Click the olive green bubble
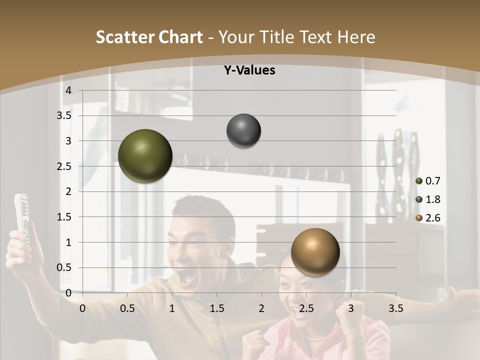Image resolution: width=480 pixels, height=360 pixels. tap(145, 156)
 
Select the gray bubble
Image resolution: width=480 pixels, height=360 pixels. tap(243, 131)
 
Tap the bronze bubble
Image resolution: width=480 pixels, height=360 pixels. tap(315, 252)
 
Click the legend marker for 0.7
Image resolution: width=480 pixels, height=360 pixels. tap(419, 181)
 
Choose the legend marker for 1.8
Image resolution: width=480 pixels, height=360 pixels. tap(419, 199)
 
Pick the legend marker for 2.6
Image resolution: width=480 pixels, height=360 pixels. tap(419, 218)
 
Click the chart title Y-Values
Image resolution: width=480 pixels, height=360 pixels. tap(249, 70)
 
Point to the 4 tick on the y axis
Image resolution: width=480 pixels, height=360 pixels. tap(69, 90)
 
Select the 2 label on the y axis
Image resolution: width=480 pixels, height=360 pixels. tap(69, 191)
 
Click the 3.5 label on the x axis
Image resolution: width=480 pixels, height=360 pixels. tap(395, 308)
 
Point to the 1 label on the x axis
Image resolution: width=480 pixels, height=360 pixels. tap(172, 308)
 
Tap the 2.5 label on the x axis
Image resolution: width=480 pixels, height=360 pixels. tap(306, 308)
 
